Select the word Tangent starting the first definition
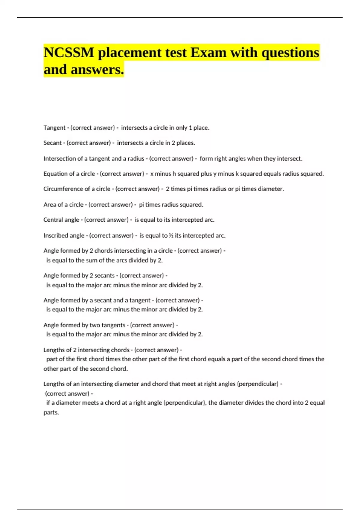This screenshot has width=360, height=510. [x=54, y=128]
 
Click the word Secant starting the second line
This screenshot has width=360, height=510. [x=52, y=143]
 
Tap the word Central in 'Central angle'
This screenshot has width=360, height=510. [x=52, y=220]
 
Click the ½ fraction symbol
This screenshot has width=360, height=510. [x=171, y=235]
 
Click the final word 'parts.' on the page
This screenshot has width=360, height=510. [x=51, y=412]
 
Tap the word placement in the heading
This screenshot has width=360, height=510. [x=130, y=53]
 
